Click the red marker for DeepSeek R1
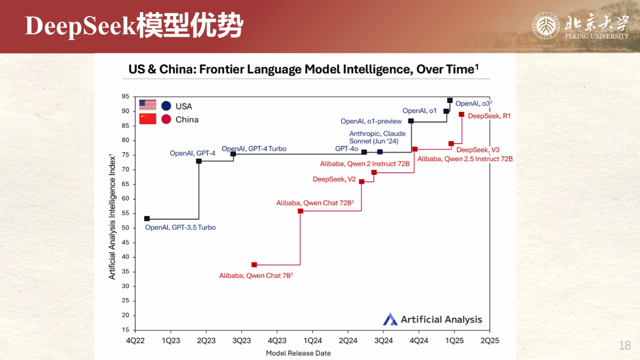461,114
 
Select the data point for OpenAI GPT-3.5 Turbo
147,219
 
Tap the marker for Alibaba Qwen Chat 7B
254,265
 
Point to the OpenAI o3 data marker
450,100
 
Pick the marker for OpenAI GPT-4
199,161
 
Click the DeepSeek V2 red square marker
362,182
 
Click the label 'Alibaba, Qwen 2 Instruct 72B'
365,164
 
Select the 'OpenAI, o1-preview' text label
371,121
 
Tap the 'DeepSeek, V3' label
478,150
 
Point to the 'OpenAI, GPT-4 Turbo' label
254,149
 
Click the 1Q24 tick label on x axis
313,341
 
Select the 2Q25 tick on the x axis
490,341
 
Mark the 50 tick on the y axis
125,228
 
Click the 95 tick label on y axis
125,97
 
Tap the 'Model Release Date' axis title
298,353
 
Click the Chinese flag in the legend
148,119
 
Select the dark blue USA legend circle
166,106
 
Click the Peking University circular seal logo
546,26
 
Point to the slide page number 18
625,346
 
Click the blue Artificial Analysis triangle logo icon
390,319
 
